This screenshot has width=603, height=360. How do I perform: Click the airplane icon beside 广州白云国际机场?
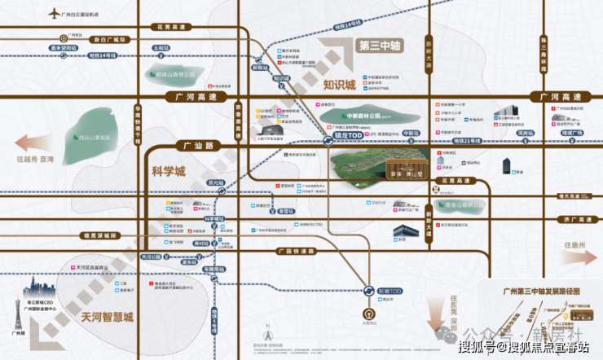coord(55,14)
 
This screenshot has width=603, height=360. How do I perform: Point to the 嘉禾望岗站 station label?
coord(64,48)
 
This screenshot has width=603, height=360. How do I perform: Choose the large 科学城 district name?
coord(169,172)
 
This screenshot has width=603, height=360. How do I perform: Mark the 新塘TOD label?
coord(390,290)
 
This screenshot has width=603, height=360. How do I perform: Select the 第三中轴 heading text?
coord(380,46)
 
